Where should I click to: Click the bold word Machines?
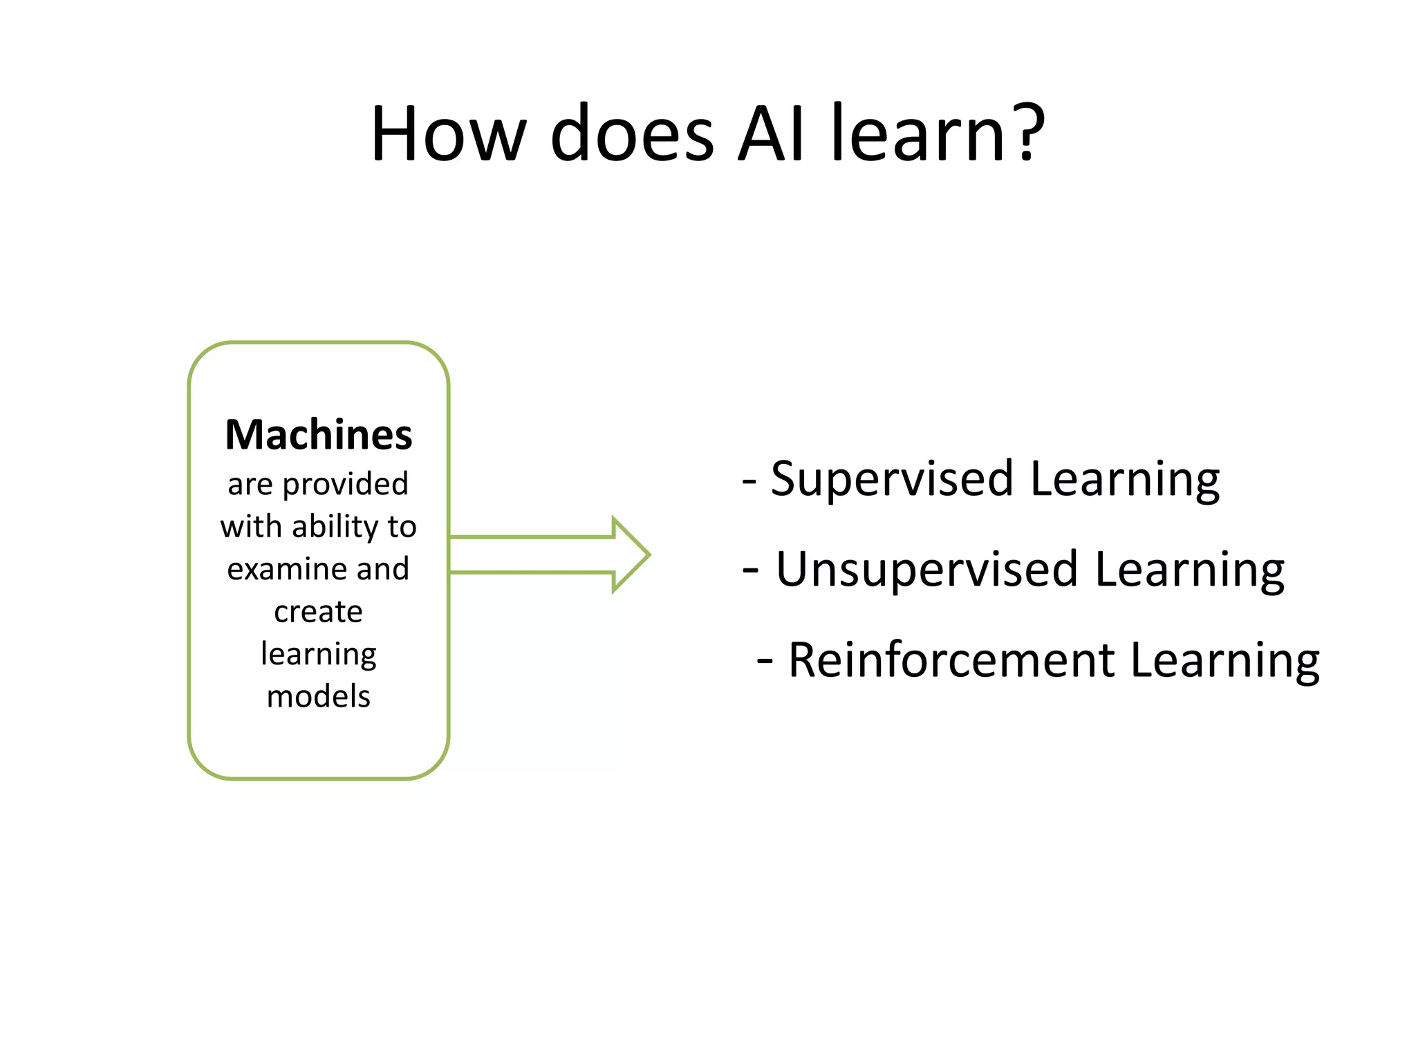319,435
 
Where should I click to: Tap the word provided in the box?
346,484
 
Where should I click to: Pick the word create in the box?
319,612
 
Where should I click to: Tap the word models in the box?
319,696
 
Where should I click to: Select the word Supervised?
892,479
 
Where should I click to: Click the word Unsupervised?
926,570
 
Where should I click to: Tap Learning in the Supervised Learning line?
1124,479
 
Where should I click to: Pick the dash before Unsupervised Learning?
750,571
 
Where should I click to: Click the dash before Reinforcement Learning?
764,662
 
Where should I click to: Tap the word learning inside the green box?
319,654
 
